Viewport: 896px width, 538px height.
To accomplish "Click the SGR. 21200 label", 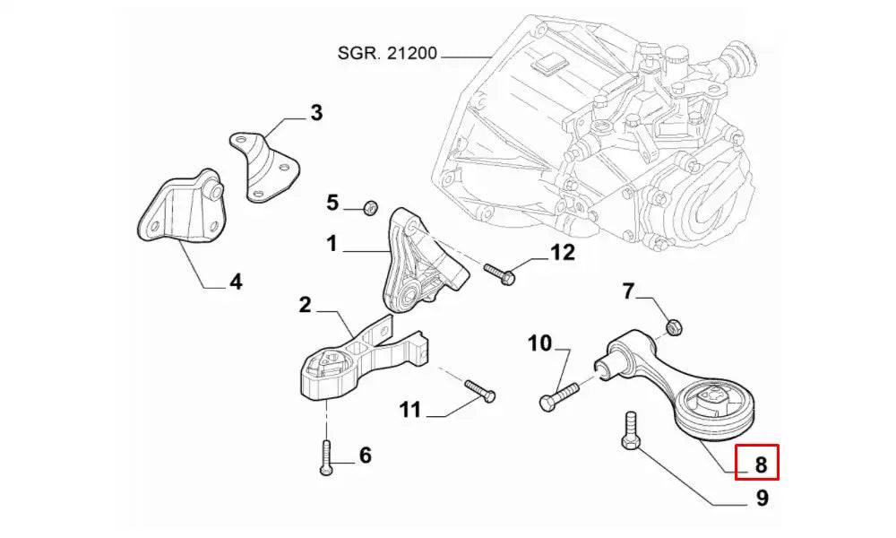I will click(x=387, y=54).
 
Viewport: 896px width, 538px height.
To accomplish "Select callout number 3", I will click(x=315, y=113).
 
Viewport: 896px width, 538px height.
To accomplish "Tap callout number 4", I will click(x=236, y=282).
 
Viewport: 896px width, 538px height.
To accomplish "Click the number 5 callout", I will click(x=332, y=203).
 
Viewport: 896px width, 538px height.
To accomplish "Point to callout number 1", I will click(x=332, y=242).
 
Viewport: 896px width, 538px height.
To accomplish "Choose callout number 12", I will click(x=562, y=253).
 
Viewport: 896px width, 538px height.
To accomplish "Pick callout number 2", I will click(x=305, y=306).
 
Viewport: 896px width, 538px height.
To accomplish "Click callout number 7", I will click(x=628, y=291).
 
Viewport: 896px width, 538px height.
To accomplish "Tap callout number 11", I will click(x=409, y=411).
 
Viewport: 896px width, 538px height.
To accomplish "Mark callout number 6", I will click(x=365, y=456).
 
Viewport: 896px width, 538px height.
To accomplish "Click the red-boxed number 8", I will click(x=760, y=464).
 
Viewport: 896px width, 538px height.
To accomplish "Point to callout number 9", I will click(x=762, y=497).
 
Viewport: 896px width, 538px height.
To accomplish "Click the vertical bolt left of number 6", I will click(x=325, y=456).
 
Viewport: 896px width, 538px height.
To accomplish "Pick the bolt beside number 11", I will click(x=480, y=390).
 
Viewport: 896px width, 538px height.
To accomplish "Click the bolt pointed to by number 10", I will click(x=561, y=395).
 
